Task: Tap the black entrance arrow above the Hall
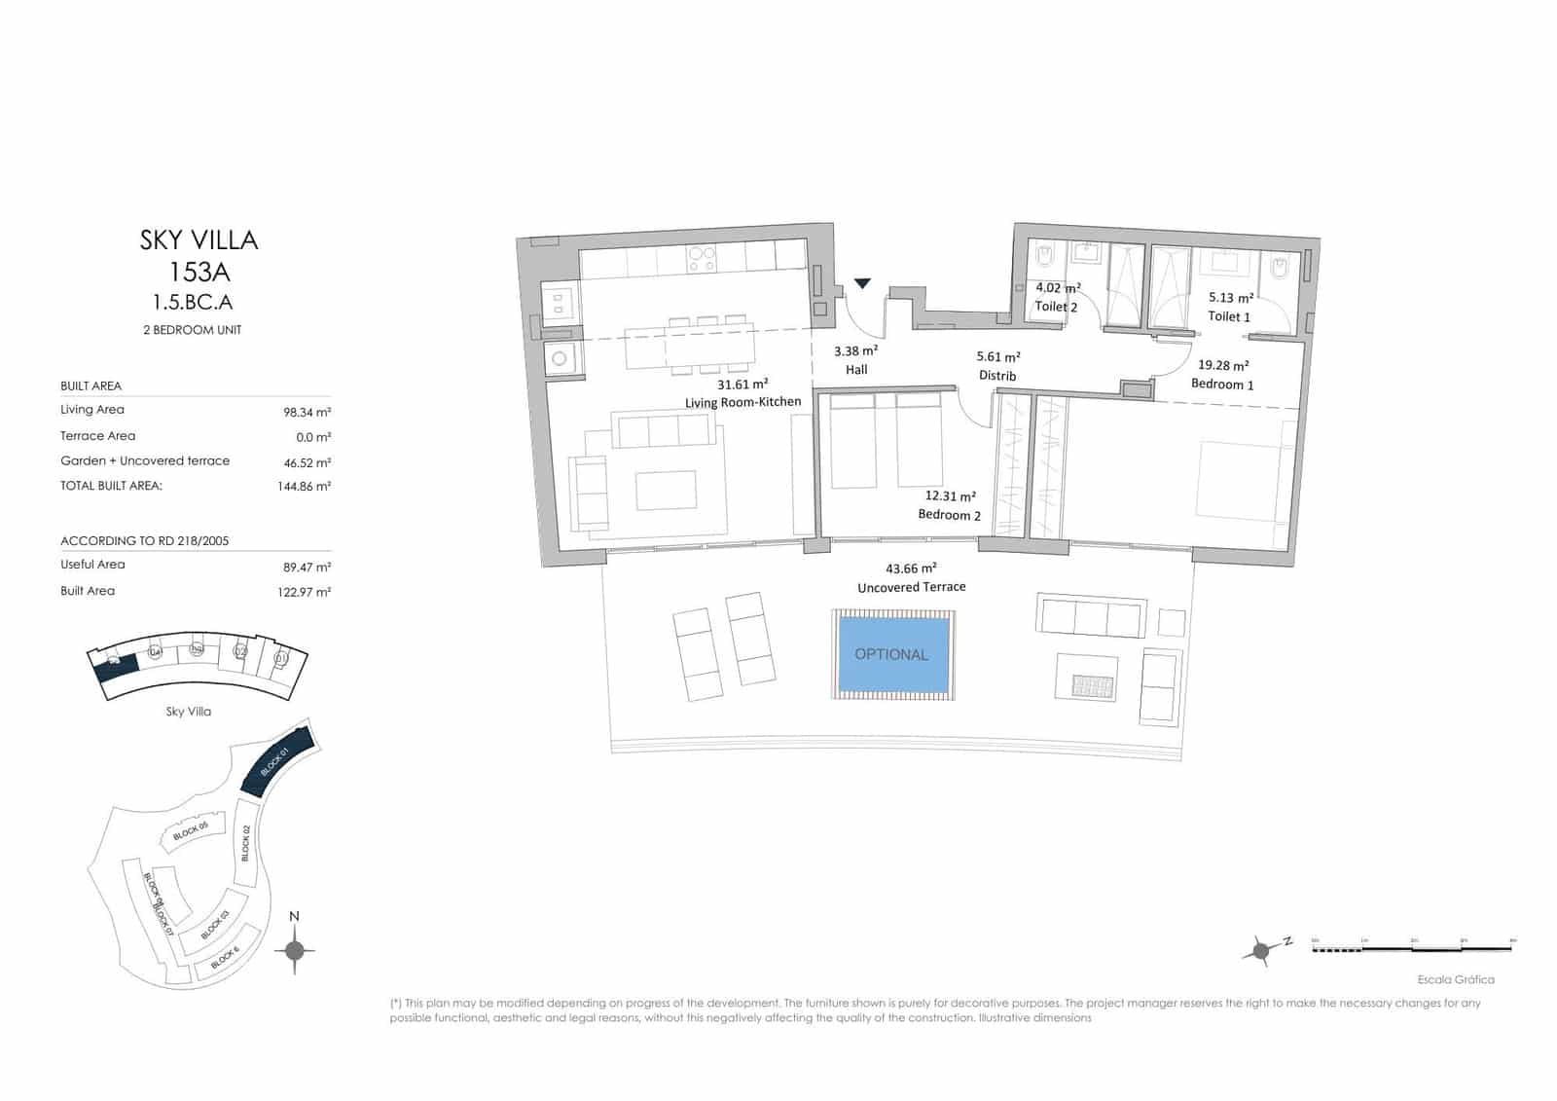click(862, 284)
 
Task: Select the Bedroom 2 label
click(949, 515)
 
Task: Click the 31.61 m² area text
click(742, 385)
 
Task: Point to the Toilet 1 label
click(1229, 316)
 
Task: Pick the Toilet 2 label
click(1056, 307)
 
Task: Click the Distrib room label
click(997, 376)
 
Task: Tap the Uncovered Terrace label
click(911, 587)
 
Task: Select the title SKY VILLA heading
click(199, 240)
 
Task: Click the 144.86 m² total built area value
click(304, 486)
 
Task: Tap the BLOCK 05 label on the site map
click(191, 830)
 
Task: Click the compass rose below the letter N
click(295, 951)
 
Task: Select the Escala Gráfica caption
click(1456, 979)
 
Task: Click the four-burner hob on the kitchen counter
click(702, 258)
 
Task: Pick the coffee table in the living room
click(666, 491)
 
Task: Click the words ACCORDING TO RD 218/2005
click(145, 541)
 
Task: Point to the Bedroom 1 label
click(1222, 385)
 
